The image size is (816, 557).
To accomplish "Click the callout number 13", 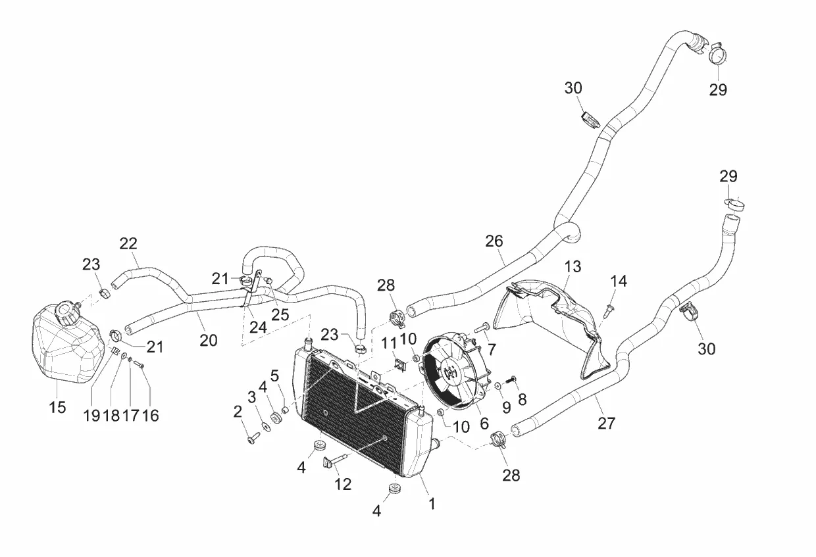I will tap(573, 266).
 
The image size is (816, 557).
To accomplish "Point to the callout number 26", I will tap(494, 241).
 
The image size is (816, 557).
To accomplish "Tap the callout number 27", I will tap(606, 423).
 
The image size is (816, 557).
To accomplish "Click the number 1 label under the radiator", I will tap(432, 504).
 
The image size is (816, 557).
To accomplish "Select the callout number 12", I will tap(343, 484).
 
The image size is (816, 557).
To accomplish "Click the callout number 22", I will tap(128, 243).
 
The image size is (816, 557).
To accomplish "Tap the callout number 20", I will tap(208, 340).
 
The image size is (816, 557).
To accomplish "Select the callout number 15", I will tap(57, 407).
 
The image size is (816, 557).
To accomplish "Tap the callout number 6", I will tap(484, 424).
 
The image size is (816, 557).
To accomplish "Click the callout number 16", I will tap(151, 415).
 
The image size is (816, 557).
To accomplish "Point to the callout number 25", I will tap(280, 314).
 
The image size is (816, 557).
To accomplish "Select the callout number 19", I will tap(91, 415).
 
